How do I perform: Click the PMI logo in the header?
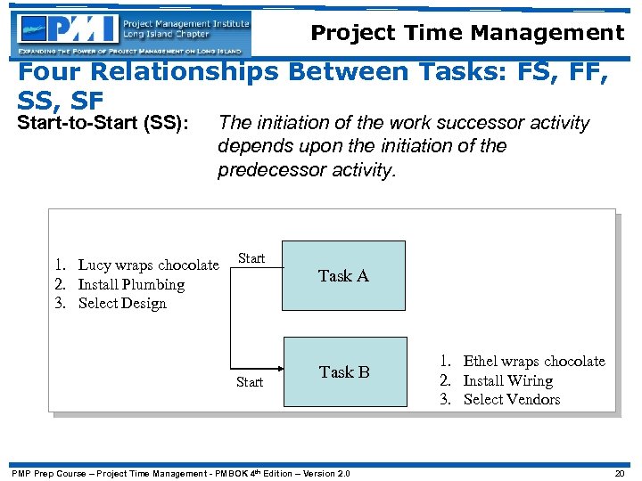coord(132,34)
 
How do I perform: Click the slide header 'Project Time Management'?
coord(467,34)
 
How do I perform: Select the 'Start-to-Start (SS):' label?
coord(104,123)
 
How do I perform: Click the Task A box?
coord(343,276)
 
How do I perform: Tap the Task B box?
coord(344,372)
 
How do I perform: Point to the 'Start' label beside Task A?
coord(251,258)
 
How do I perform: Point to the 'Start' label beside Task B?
coord(250,382)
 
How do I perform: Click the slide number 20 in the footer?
coord(618,473)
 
